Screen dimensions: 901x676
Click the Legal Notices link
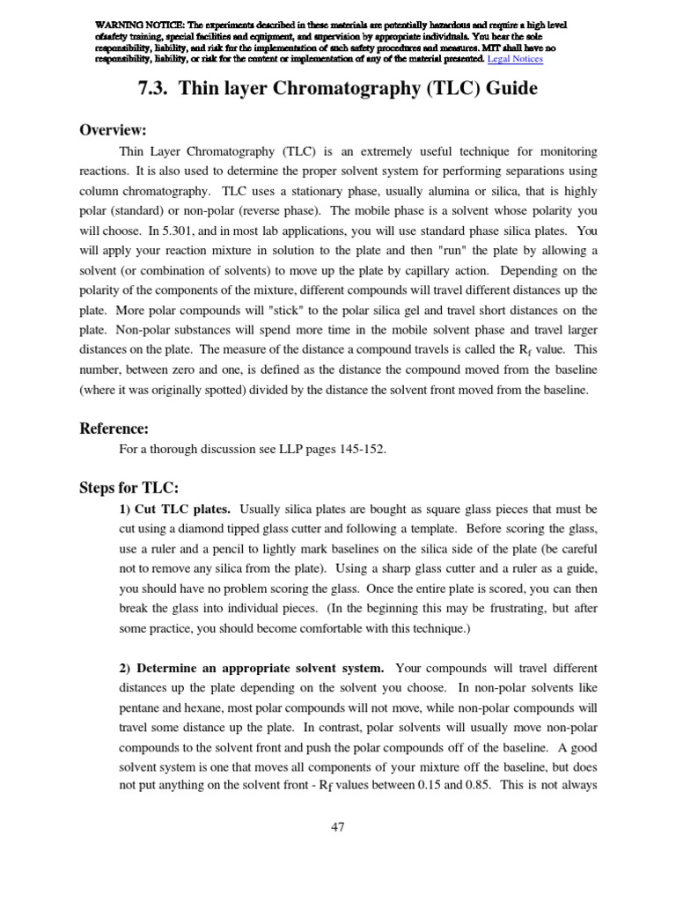click(515, 59)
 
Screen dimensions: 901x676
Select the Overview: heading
click(113, 129)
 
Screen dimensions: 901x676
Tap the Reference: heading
click(114, 429)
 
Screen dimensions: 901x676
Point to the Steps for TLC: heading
click(129, 487)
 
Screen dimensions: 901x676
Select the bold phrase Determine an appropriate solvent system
click(252, 668)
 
